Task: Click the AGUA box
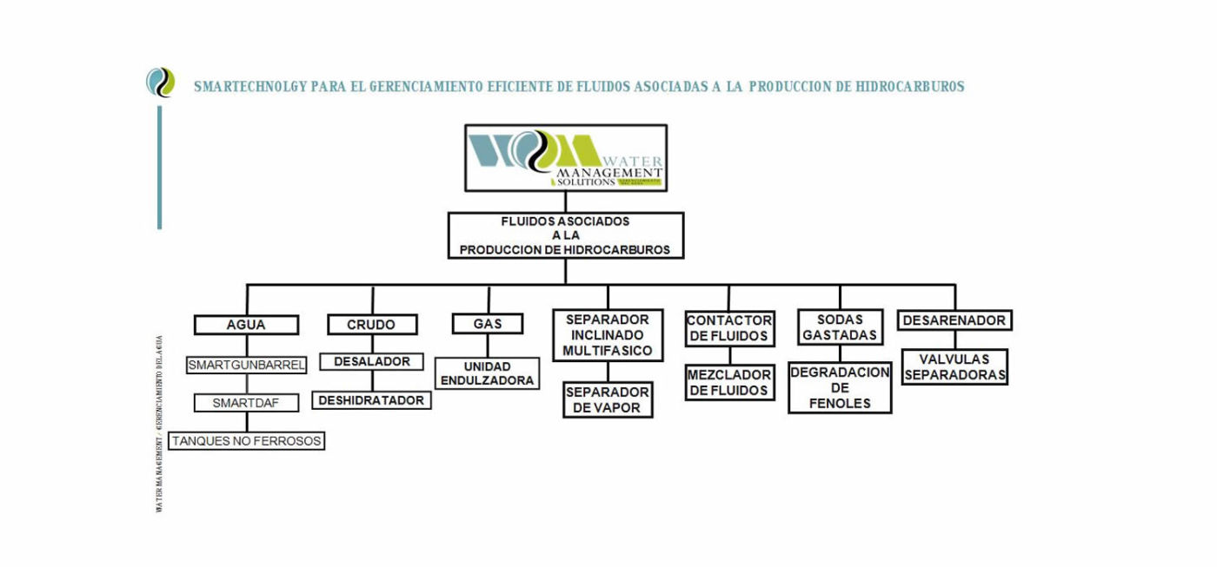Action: tap(246, 326)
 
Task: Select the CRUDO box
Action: tap(371, 325)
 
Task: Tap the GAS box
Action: tap(488, 324)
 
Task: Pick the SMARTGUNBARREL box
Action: tap(247, 366)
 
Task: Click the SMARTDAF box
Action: tap(247, 403)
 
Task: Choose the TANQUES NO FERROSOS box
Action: tap(247, 441)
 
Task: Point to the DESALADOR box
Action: tap(371, 361)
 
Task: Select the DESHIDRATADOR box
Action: tap(371, 400)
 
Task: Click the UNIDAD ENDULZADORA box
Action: tap(488, 373)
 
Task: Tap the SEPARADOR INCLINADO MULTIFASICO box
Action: tap(608, 335)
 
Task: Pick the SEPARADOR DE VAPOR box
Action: tap(608, 399)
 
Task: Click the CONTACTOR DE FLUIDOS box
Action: tap(729, 328)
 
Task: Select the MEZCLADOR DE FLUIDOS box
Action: tap(729, 383)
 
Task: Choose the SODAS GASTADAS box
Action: tap(840, 327)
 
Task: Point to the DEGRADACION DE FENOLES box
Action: tap(840, 387)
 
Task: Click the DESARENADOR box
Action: tap(954, 320)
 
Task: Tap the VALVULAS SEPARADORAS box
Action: tap(954, 367)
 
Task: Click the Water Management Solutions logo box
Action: tap(566, 158)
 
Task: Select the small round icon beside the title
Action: tap(160, 82)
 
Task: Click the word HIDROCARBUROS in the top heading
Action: tap(910, 87)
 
